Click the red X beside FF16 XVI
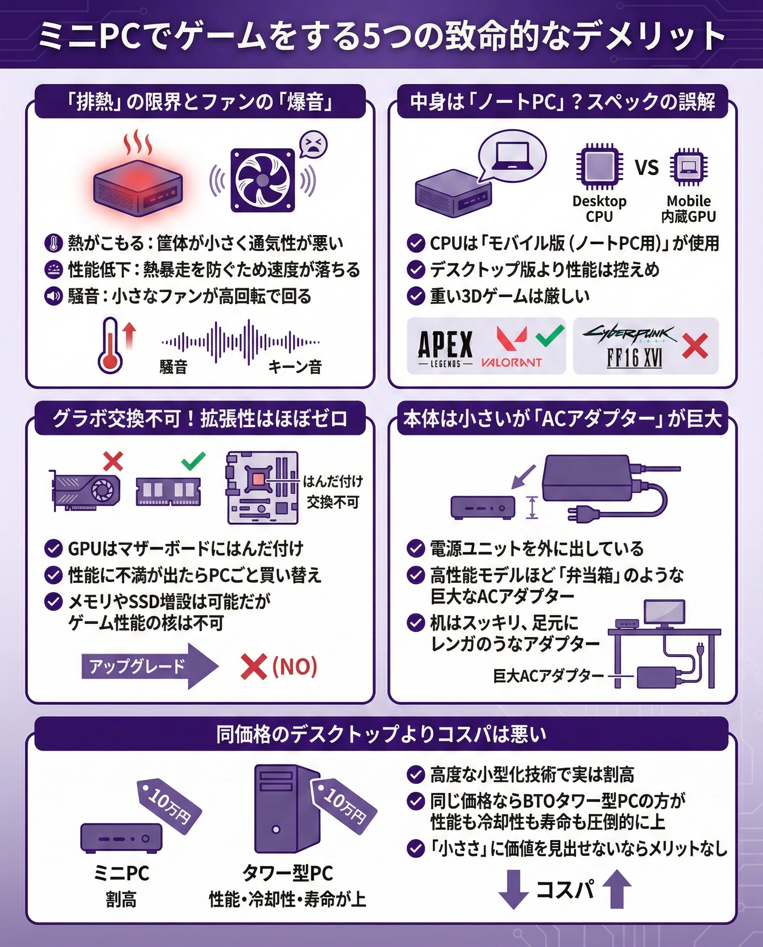(695, 346)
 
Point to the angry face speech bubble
(313, 144)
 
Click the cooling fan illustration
(262, 180)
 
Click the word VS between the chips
(647, 167)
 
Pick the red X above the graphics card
(113, 462)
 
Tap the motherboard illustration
(262, 488)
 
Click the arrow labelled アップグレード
(150, 666)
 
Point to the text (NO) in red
(294, 667)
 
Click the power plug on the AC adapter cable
(583, 513)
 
